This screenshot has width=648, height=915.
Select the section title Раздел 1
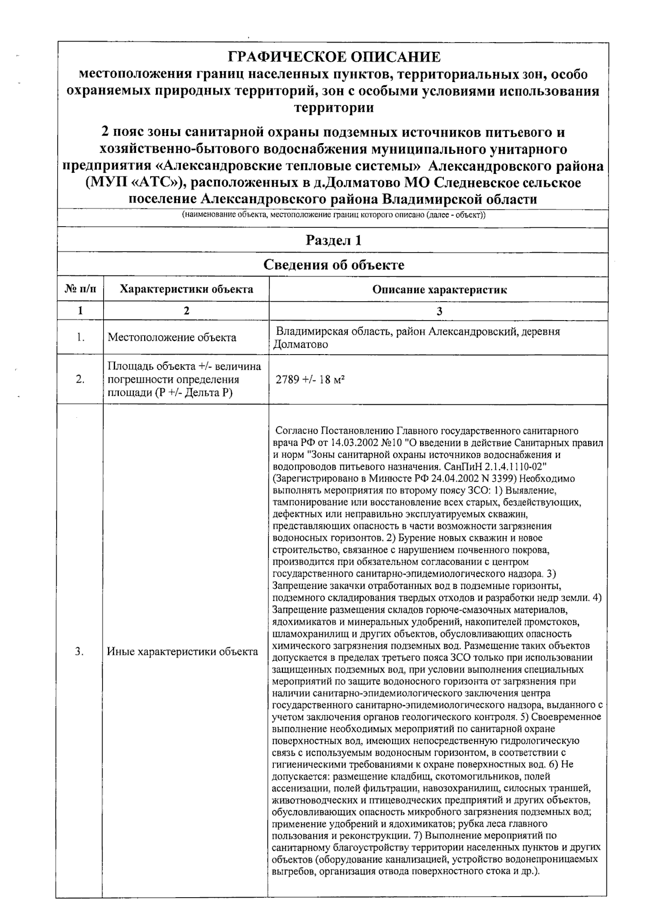click(333, 240)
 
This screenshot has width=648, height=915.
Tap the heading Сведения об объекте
click(333, 265)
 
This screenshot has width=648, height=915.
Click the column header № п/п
click(80, 289)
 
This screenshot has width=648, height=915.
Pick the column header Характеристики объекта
click(186, 289)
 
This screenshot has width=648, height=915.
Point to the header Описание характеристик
click(439, 289)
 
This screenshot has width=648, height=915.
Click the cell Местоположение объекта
click(172, 338)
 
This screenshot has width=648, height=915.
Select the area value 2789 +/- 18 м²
click(310, 379)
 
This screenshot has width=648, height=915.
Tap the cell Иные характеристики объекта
click(183, 652)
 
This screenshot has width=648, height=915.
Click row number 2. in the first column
click(80, 379)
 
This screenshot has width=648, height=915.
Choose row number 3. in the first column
click(80, 652)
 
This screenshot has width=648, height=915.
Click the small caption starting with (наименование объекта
click(333, 215)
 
